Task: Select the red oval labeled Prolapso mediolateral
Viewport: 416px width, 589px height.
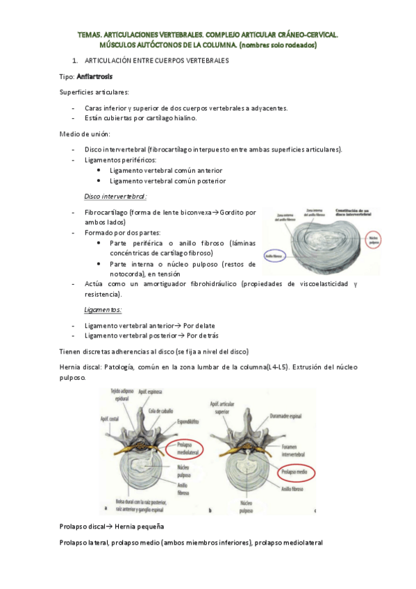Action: tap(178, 450)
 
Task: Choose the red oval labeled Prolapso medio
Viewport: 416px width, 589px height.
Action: tap(291, 472)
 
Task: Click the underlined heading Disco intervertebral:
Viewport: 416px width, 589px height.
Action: tap(115, 196)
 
